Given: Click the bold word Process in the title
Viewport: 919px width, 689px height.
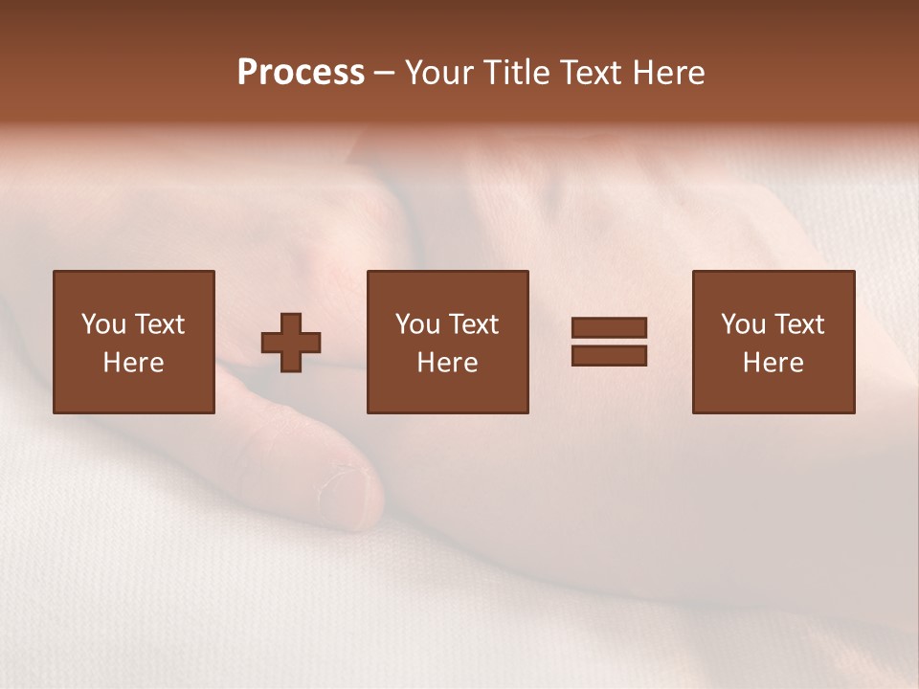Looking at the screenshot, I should [301, 73].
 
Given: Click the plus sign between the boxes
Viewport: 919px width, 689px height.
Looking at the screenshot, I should [291, 342].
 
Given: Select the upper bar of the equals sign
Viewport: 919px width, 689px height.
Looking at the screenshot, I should [609, 328].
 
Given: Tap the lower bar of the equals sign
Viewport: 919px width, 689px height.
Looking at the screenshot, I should [609, 355].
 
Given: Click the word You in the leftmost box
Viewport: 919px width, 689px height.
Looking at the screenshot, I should [102, 324].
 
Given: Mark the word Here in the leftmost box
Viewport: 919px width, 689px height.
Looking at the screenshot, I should [133, 363].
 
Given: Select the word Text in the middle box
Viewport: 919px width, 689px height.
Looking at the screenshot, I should [472, 324].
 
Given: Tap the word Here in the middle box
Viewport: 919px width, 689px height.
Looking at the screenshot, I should [447, 363].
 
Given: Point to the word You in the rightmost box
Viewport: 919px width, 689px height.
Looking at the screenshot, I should [743, 324].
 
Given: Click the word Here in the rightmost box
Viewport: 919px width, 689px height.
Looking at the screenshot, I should [773, 363].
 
